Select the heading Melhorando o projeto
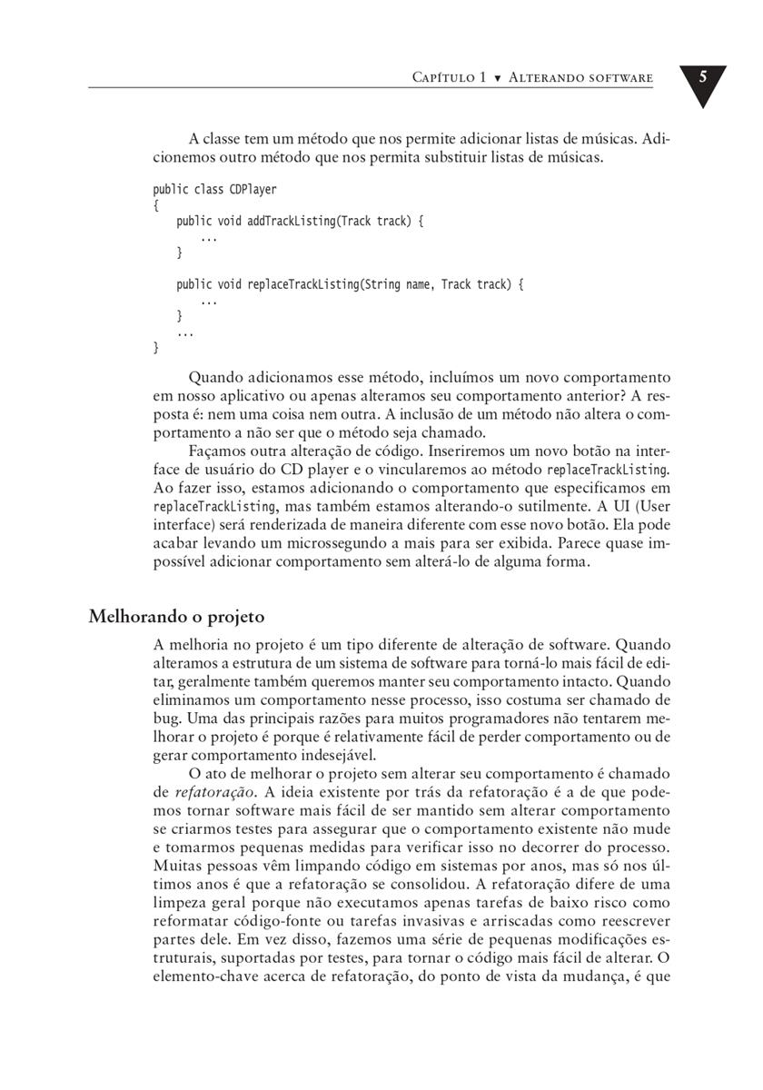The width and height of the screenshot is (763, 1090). pyautogui.click(x=176, y=617)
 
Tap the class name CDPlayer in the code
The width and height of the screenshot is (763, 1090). pyautogui.click(x=253, y=190)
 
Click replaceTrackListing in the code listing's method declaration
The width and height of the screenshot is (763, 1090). pyautogui.click(x=303, y=284)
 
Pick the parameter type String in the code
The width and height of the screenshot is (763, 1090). pyautogui.click(x=382, y=284)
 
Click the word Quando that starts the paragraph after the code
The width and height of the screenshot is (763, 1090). pyautogui.click(x=214, y=377)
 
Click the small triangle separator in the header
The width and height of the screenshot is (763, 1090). pyautogui.click(x=497, y=79)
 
